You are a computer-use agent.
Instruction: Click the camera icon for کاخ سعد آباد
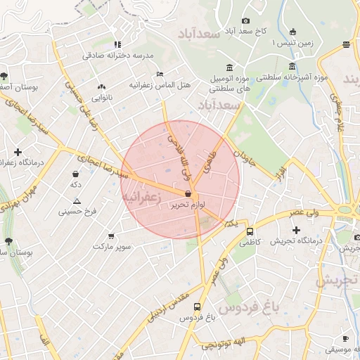coord(245,21)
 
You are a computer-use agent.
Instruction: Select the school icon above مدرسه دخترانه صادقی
coord(117,44)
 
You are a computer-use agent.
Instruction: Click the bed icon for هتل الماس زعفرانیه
coord(160,73)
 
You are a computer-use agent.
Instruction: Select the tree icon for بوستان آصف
coord(4,75)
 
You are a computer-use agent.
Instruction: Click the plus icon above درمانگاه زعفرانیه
coord(18,152)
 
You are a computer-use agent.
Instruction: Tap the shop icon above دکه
coord(75,173)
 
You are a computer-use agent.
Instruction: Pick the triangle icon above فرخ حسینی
coord(77,202)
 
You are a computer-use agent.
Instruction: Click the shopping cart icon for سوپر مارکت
coord(112,236)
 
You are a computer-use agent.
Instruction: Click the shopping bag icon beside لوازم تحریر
coord(188,194)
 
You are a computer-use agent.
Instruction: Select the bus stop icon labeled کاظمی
coord(250,231)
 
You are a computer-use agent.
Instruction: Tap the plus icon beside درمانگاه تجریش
coord(296,230)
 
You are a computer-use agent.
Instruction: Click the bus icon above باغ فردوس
coord(197,307)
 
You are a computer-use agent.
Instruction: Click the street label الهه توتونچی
coord(224,343)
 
